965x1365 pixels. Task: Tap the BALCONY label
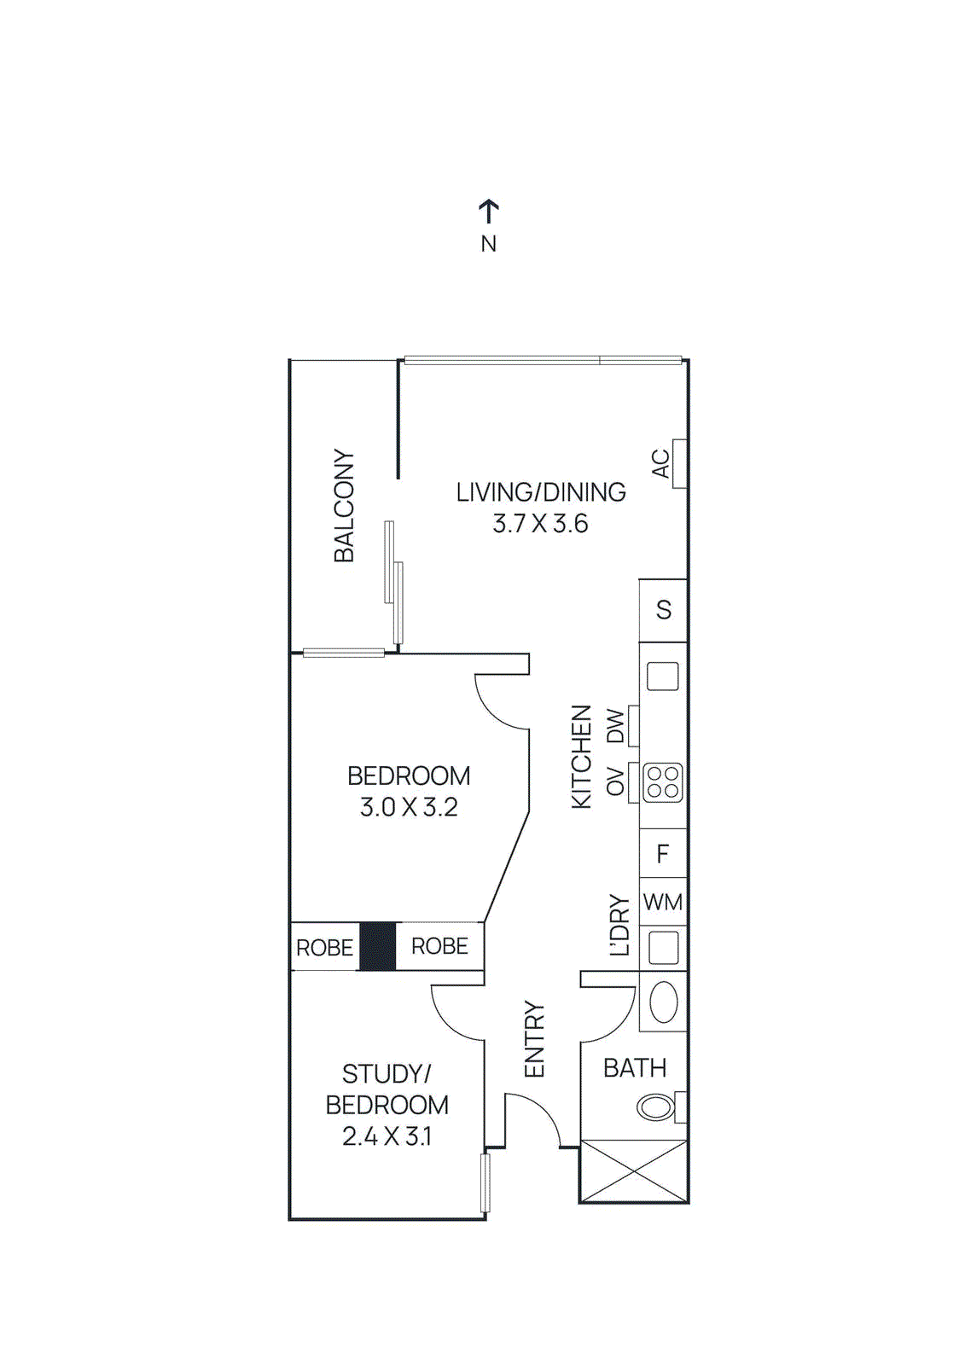343,506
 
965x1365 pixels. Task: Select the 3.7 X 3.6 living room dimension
540,524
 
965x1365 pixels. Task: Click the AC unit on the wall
679,463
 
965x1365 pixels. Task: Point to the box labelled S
663,611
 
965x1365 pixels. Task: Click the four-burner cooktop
663,782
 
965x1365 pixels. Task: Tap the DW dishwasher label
616,727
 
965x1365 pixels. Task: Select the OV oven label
616,782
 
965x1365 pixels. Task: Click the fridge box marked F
663,853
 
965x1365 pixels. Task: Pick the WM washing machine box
663,902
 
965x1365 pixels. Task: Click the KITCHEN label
581,757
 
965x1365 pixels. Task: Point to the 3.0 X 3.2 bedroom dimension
409,807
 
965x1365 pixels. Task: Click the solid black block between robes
377,946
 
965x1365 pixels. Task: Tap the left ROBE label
324,948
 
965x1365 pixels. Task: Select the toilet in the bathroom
657,1107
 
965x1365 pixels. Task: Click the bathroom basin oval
664,1002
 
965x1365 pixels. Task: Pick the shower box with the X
633,1171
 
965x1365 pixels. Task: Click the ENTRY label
534,1039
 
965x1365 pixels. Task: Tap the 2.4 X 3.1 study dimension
387,1136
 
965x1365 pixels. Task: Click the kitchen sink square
663,677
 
